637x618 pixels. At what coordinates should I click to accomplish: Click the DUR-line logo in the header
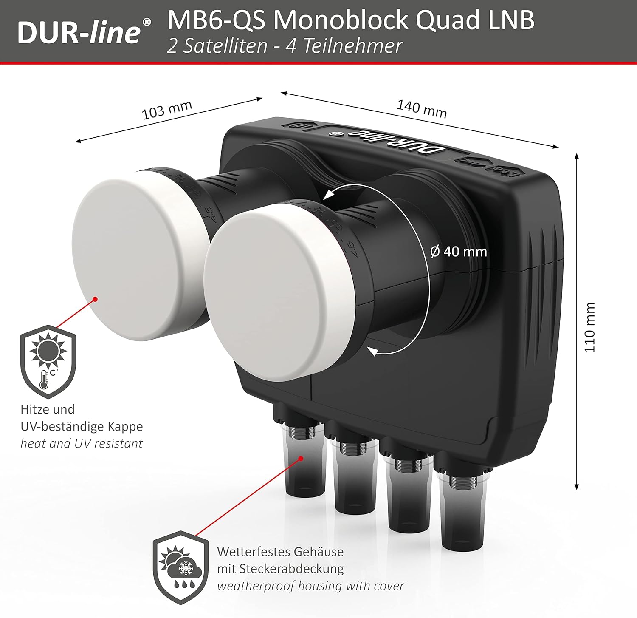click(x=84, y=32)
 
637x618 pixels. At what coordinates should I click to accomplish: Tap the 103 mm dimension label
click(x=167, y=110)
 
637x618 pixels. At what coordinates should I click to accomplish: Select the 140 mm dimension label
click(x=422, y=109)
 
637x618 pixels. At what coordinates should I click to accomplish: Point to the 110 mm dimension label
click(x=590, y=327)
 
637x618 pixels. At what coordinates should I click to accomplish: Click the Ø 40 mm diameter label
click(x=459, y=252)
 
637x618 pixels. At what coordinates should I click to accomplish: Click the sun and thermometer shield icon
click(x=48, y=362)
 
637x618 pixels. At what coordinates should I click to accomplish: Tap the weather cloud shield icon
click(x=181, y=567)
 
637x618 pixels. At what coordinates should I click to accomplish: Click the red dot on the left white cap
click(x=96, y=299)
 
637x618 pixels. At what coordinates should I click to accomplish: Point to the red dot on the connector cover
click(x=301, y=458)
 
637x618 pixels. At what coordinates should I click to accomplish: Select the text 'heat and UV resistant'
click(x=82, y=443)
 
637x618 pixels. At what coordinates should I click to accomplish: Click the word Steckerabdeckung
click(x=292, y=569)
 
